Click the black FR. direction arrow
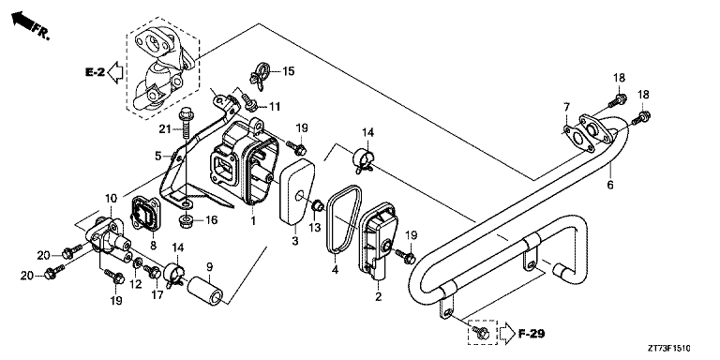tap(22, 21)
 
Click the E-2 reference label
tap(95, 72)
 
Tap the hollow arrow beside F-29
tap(508, 334)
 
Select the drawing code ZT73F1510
tap(669, 349)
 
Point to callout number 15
tap(289, 71)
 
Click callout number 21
tap(165, 129)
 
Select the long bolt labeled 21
tap(186, 123)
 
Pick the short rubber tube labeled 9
tap(204, 290)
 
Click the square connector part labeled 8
tap(145, 215)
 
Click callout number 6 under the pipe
tap(610, 185)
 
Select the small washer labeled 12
tap(137, 263)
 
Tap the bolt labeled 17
tap(153, 271)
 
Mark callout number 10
tap(112, 199)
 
